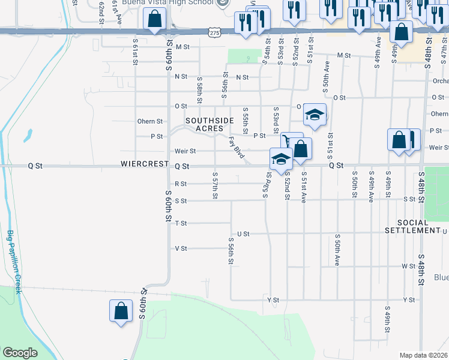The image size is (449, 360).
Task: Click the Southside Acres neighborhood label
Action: (209, 124)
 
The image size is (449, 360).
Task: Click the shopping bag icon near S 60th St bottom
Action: (121, 311)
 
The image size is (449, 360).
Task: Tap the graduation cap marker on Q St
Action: (281, 160)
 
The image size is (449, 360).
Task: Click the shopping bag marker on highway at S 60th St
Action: (154, 19)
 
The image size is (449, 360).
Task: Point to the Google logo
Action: (20, 353)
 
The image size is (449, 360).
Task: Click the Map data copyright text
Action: (423, 355)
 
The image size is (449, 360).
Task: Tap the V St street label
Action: (181, 248)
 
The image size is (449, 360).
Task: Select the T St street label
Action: (181, 223)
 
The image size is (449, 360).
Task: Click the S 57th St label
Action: (215, 185)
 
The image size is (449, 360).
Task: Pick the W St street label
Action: (409, 265)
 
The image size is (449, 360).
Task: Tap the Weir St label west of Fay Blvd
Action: (185, 151)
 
